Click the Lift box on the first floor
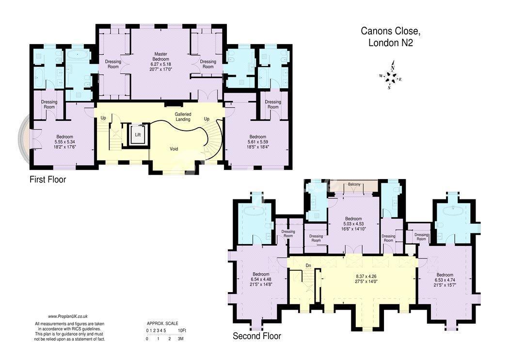(x=138, y=134)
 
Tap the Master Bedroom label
(x=160, y=57)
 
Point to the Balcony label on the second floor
(x=354, y=184)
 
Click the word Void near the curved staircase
(x=174, y=149)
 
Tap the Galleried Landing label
(x=183, y=116)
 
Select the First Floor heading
(x=48, y=180)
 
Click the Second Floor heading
(x=257, y=336)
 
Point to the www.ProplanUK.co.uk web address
(x=68, y=316)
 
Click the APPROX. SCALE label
(x=162, y=324)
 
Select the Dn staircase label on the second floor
(x=308, y=266)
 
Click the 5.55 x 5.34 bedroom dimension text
(x=64, y=142)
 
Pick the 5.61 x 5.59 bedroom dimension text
(x=258, y=142)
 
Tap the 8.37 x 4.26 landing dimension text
(x=366, y=277)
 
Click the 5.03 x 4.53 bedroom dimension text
(x=353, y=224)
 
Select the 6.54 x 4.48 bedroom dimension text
(x=261, y=279)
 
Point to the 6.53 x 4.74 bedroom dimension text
(x=445, y=280)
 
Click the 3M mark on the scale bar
(x=180, y=339)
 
